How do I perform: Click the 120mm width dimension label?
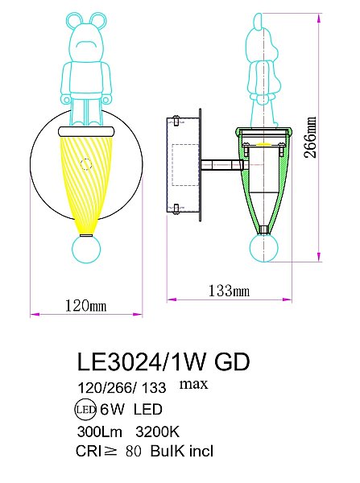pos(85,305)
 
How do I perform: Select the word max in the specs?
pos(194,383)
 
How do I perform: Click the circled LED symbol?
pos(85,409)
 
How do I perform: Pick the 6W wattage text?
pos(111,409)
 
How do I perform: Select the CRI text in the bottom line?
pos(88,452)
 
